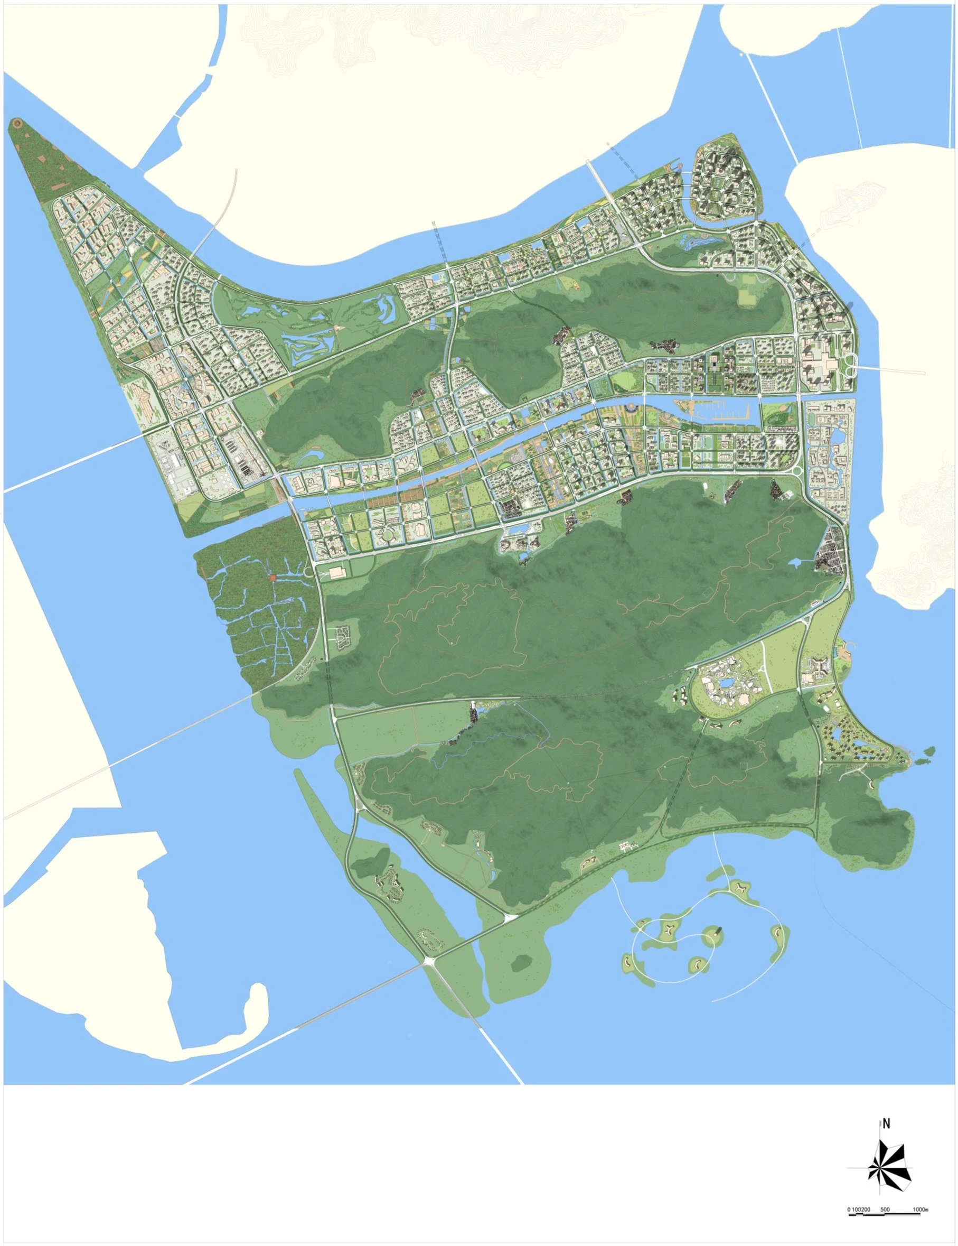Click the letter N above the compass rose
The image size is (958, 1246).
[x=886, y=1124]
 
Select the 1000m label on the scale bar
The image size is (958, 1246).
[x=921, y=1205]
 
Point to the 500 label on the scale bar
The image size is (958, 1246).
[x=885, y=1205]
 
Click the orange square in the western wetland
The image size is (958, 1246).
[x=273, y=578]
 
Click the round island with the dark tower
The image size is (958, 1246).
[x=715, y=933]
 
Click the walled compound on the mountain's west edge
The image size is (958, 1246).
[x=343, y=636]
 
